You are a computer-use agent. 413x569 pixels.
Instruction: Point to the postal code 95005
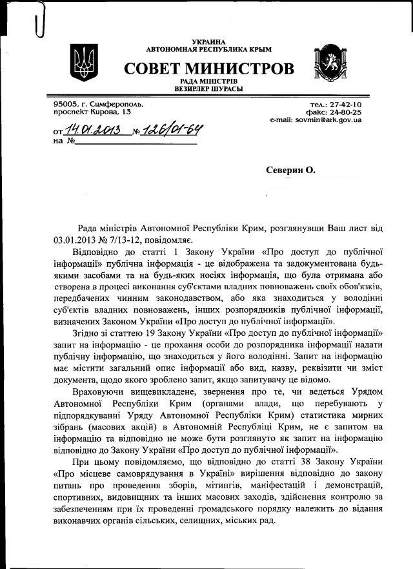(x=66, y=103)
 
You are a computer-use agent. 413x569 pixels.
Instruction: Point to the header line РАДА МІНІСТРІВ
(x=208, y=81)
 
